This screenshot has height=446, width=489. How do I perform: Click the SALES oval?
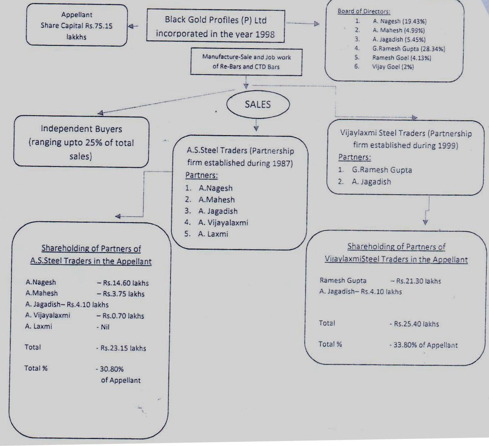(257, 104)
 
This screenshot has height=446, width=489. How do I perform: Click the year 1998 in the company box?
(263, 34)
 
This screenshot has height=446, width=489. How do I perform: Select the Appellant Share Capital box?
(77, 25)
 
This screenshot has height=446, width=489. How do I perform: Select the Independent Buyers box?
(81, 142)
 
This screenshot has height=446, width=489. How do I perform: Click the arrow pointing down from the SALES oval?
(256, 126)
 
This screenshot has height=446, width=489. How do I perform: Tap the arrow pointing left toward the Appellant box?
(132, 26)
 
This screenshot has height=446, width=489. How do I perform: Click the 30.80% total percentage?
(112, 369)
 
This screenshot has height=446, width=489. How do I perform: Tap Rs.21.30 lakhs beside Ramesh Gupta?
(418, 281)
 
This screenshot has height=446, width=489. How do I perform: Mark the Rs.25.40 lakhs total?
(416, 324)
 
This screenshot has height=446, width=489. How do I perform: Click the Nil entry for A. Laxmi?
(105, 327)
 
